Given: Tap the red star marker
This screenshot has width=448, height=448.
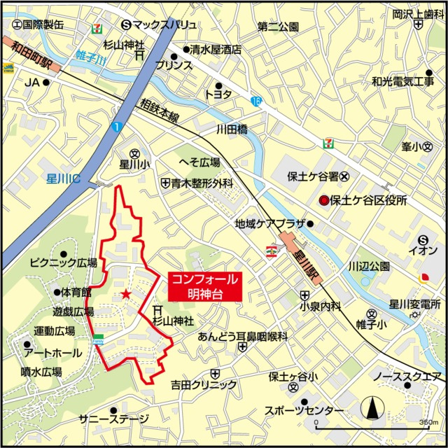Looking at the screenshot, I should pos(125,293).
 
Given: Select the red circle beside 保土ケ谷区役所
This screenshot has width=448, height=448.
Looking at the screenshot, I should pos(323,200).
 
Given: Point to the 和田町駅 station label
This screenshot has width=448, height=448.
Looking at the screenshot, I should pos(31,53).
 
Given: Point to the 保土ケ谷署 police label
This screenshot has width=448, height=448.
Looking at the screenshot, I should pos(313,176).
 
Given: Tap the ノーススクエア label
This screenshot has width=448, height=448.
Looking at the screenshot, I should pos(407,377).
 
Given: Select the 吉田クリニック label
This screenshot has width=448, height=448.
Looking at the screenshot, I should pos(204,385).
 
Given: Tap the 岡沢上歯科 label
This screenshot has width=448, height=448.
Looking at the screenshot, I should pos(414,13).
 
